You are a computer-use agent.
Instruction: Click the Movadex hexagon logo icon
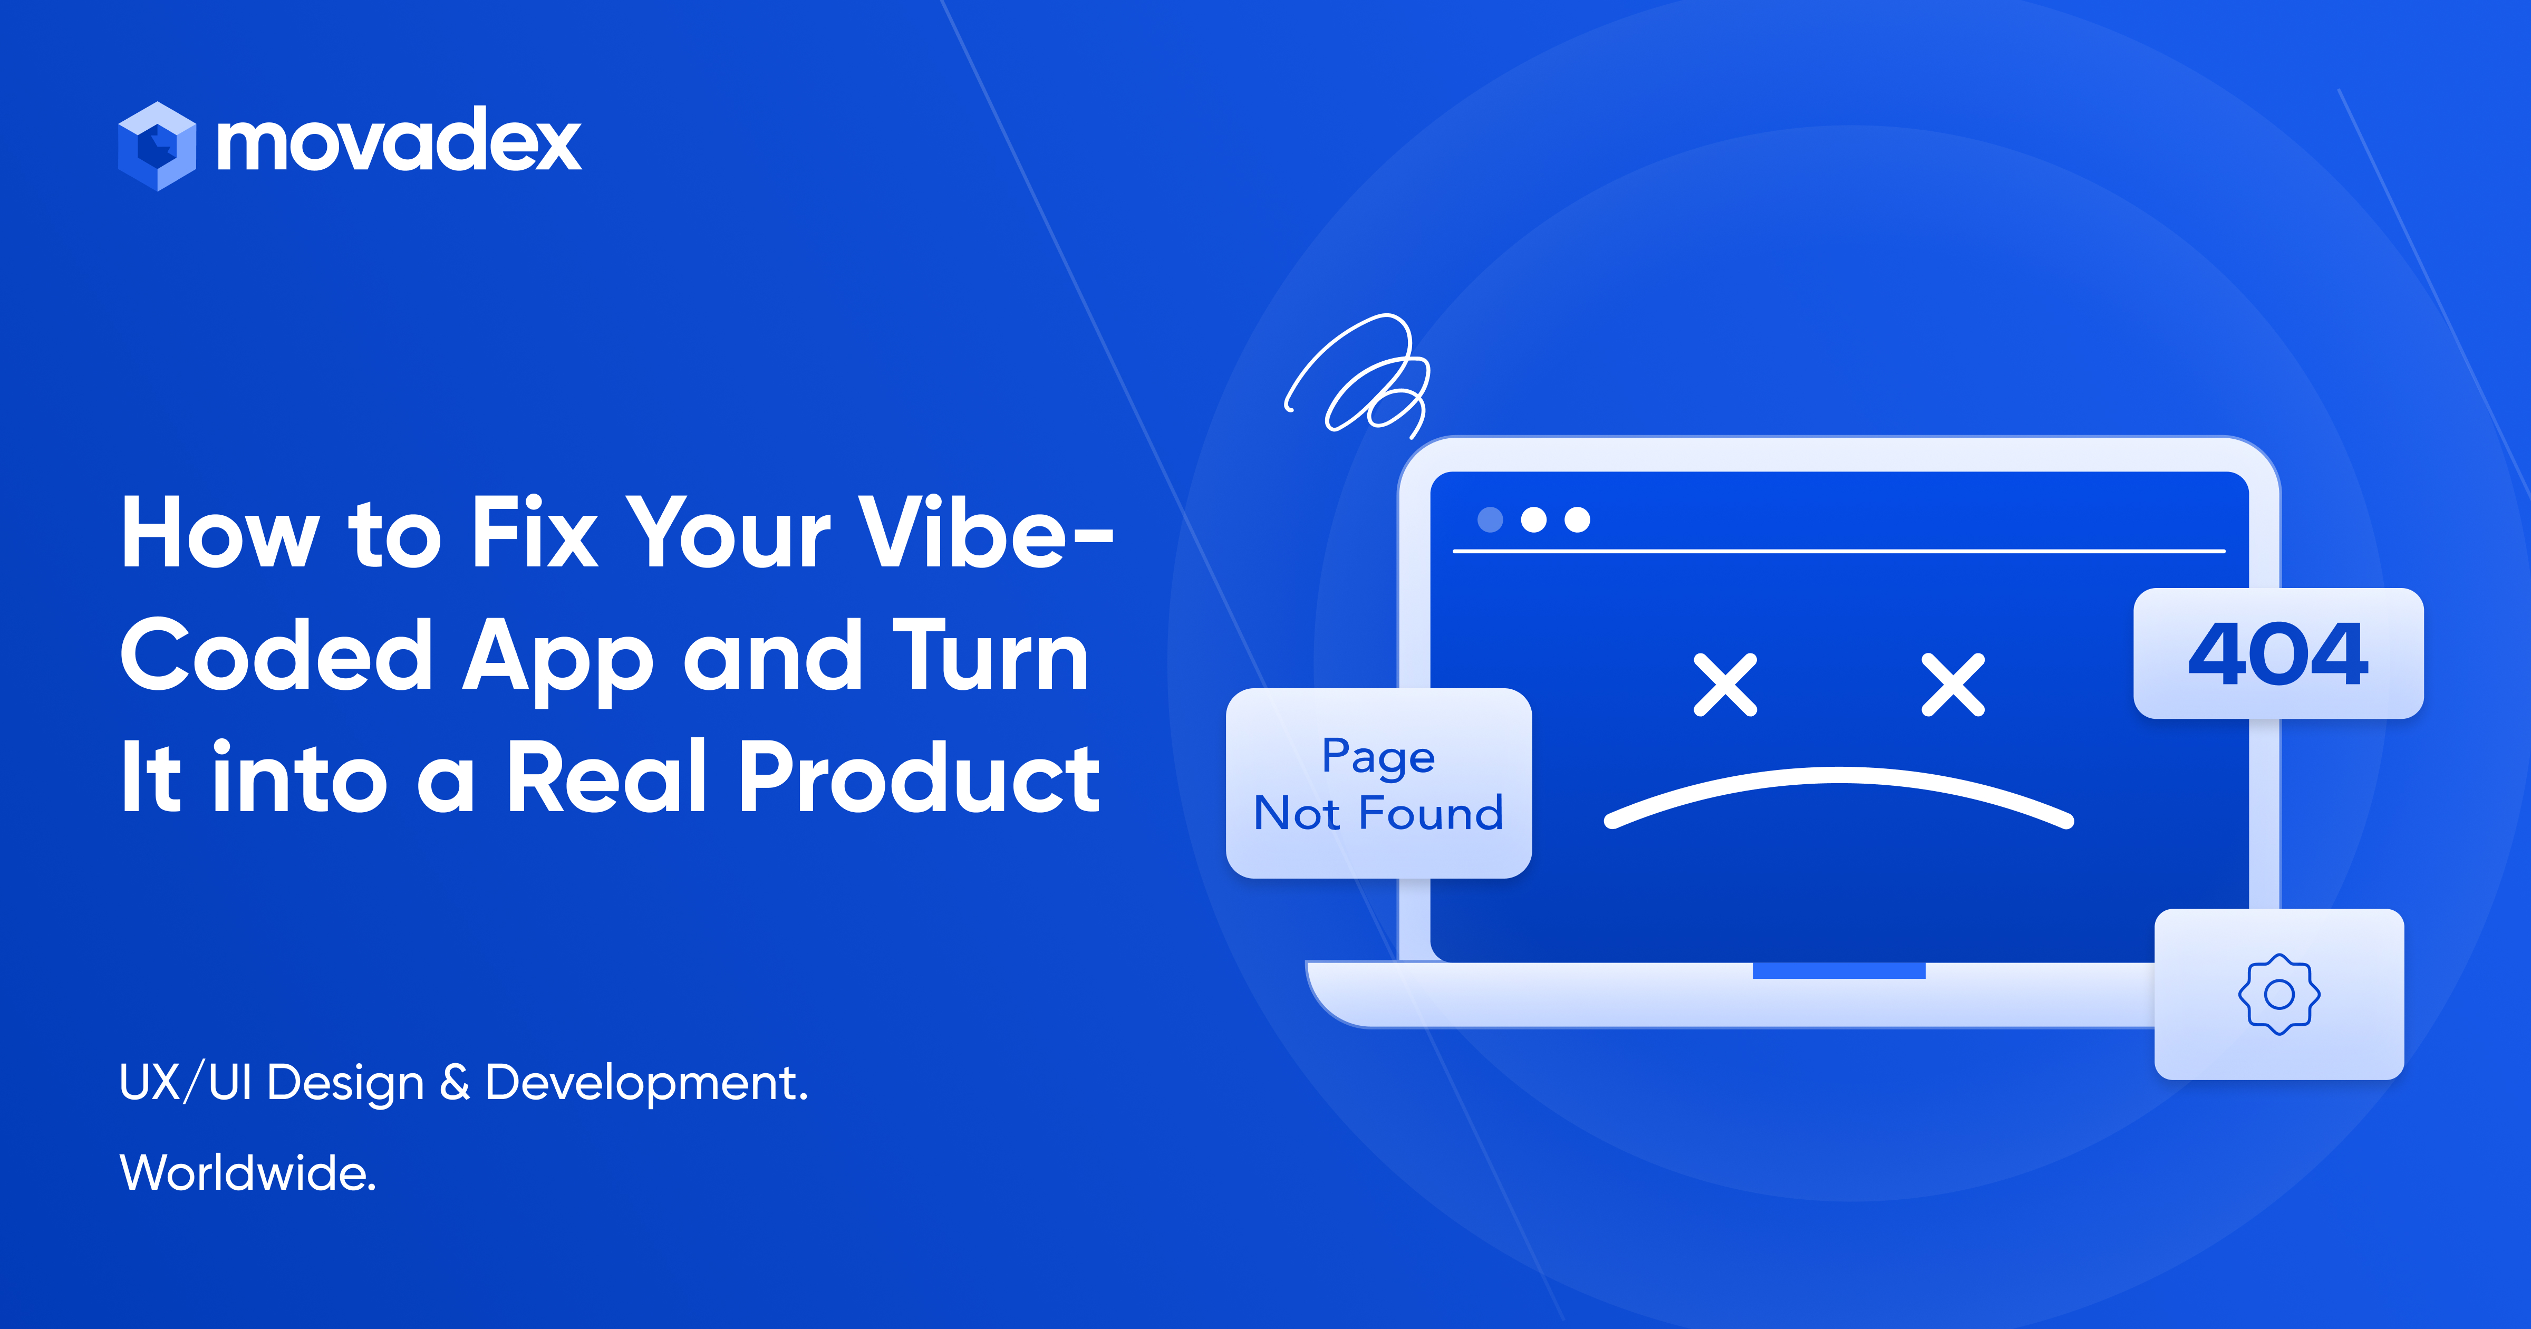click(x=157, y=146)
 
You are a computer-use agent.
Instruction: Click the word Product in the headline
click(x=919, y=776)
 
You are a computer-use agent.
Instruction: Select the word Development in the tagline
click(x=645, y=1083)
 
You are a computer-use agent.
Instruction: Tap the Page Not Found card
click(x=1378, y=784)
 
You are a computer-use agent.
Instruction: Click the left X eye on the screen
click(x=1725, y=685)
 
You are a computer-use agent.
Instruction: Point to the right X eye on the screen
click(x=1953, y=685)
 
